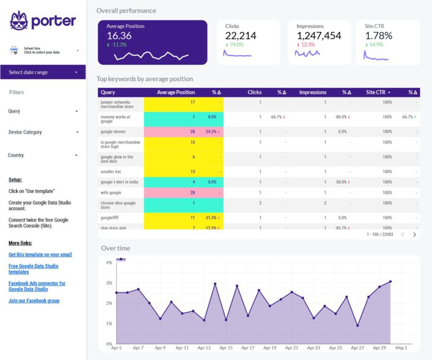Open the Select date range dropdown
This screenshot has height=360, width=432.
(x=43, y=72)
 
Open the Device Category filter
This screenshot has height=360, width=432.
(x=43, y=132)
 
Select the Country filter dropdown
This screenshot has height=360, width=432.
(x=43, y=155)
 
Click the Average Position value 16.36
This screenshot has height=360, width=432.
(x=119, y=36)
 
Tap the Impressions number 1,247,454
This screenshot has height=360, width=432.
(x=319, y=36)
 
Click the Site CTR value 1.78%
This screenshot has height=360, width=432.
(x=379, y=36)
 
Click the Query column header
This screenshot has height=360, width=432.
(x=108, y=92)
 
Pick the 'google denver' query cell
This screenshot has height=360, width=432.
(x=113, y=131)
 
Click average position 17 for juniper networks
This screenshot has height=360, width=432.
(x=192, y=102)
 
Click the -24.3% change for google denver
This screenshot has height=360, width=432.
(x=212, y=131)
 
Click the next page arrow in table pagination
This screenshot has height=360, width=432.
(x=415, y=234)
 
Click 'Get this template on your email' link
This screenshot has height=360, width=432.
(x=40, y=255)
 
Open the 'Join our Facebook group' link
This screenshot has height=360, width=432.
(x=34, y=300)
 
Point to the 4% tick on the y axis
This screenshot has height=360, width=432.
(x=109, y=263)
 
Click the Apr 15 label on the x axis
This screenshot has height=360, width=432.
(x=226, y=348)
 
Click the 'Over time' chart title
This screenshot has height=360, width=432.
(x=115, y=248)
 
